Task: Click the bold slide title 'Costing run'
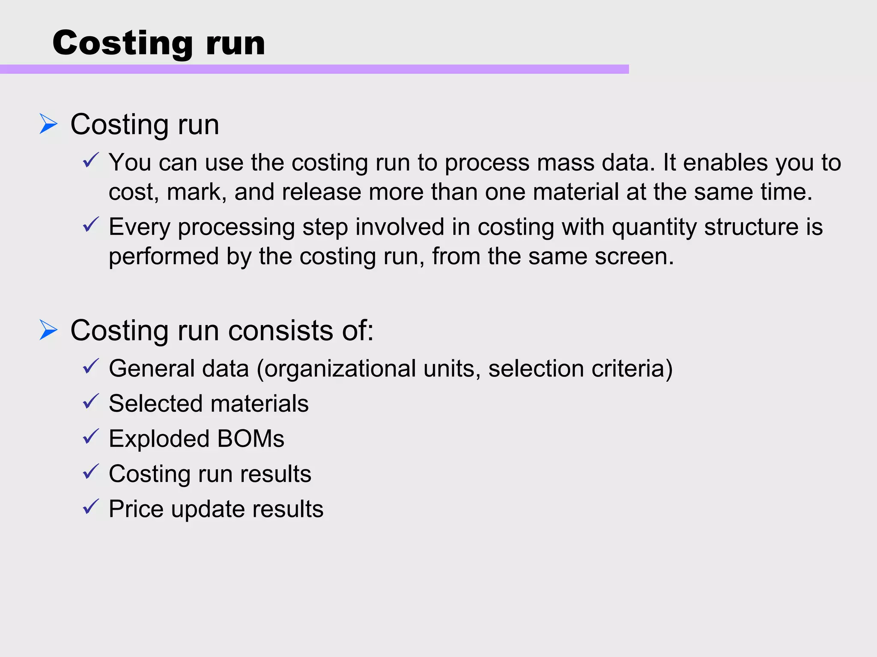click(x=159, y=43)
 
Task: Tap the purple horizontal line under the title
click(x=314, y=69)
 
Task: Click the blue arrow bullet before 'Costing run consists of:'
click(x=48, y=330)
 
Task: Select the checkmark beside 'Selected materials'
click(x=91, y=401)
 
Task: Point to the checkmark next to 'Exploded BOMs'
click(x=91, y=436)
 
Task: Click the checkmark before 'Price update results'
click(x=91, y=507)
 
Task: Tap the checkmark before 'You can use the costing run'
click(x=91, y=160)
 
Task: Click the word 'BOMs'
click(x=251, y=439)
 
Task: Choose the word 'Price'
click(x=136, y=509)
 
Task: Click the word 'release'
click(x=321, y=192)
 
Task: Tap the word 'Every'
click(x=140, y=227)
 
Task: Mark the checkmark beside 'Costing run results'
click(x=91, y=472)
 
